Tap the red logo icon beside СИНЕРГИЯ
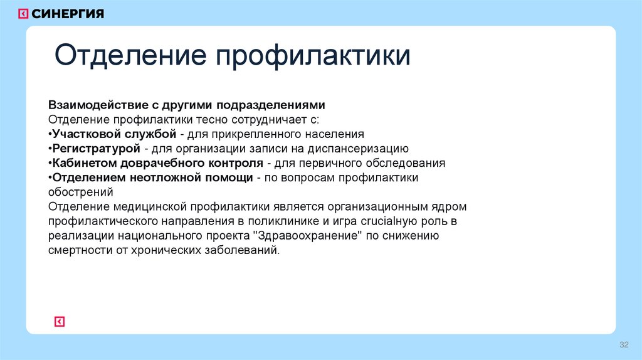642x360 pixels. coord(23,13)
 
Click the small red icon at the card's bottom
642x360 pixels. coord(60,322)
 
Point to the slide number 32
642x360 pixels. coord(623,346)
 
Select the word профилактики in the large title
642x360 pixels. coord(313,56)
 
